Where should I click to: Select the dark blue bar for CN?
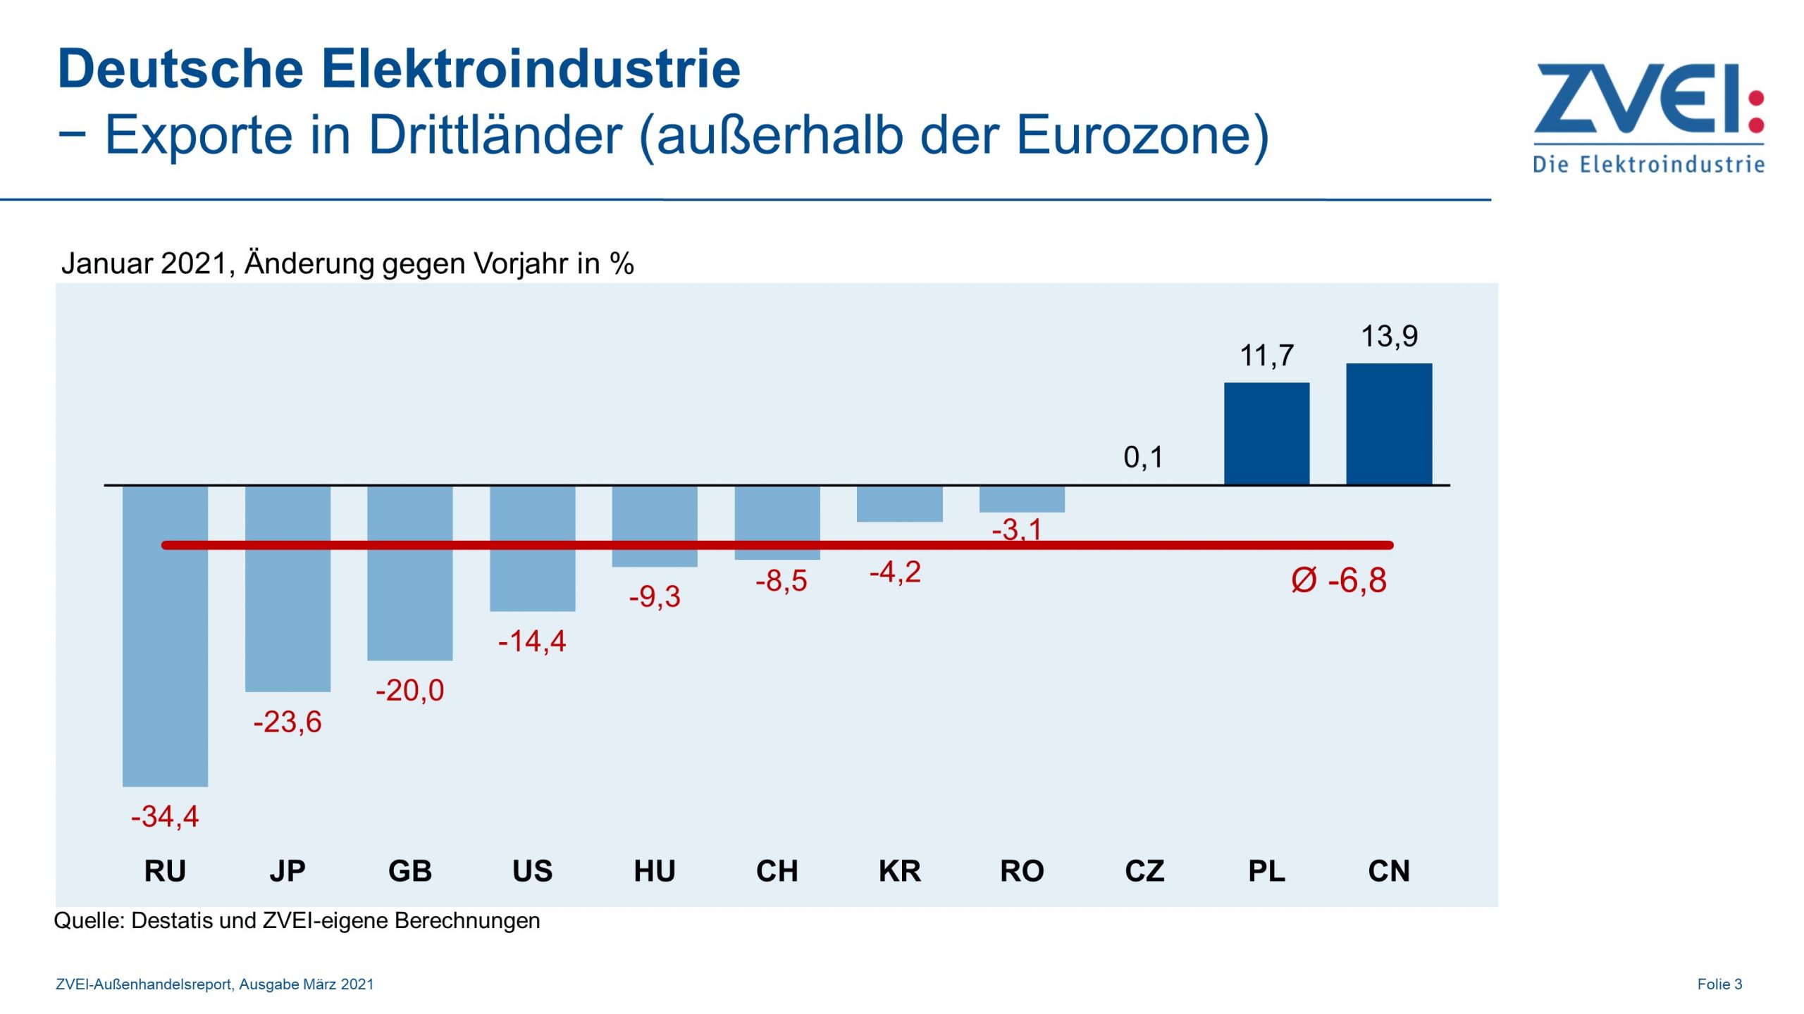[x=1388, y=424]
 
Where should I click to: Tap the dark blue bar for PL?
[x=1266, y=434]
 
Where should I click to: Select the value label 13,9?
[x=1388, y=337]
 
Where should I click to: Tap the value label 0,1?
[x=1143, y=458]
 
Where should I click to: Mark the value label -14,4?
[x=532, y=641]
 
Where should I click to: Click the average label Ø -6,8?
[x=1338, y=581]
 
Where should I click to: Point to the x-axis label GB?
[x=410, y=871]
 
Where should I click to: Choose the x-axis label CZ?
[x=1144, y=871]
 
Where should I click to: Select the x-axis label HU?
[x=655, y=871]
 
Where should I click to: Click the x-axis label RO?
[x=1022, y=871]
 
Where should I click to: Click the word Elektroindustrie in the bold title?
[x=531, y=69]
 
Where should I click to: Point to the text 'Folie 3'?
[x=1719, y=984]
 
